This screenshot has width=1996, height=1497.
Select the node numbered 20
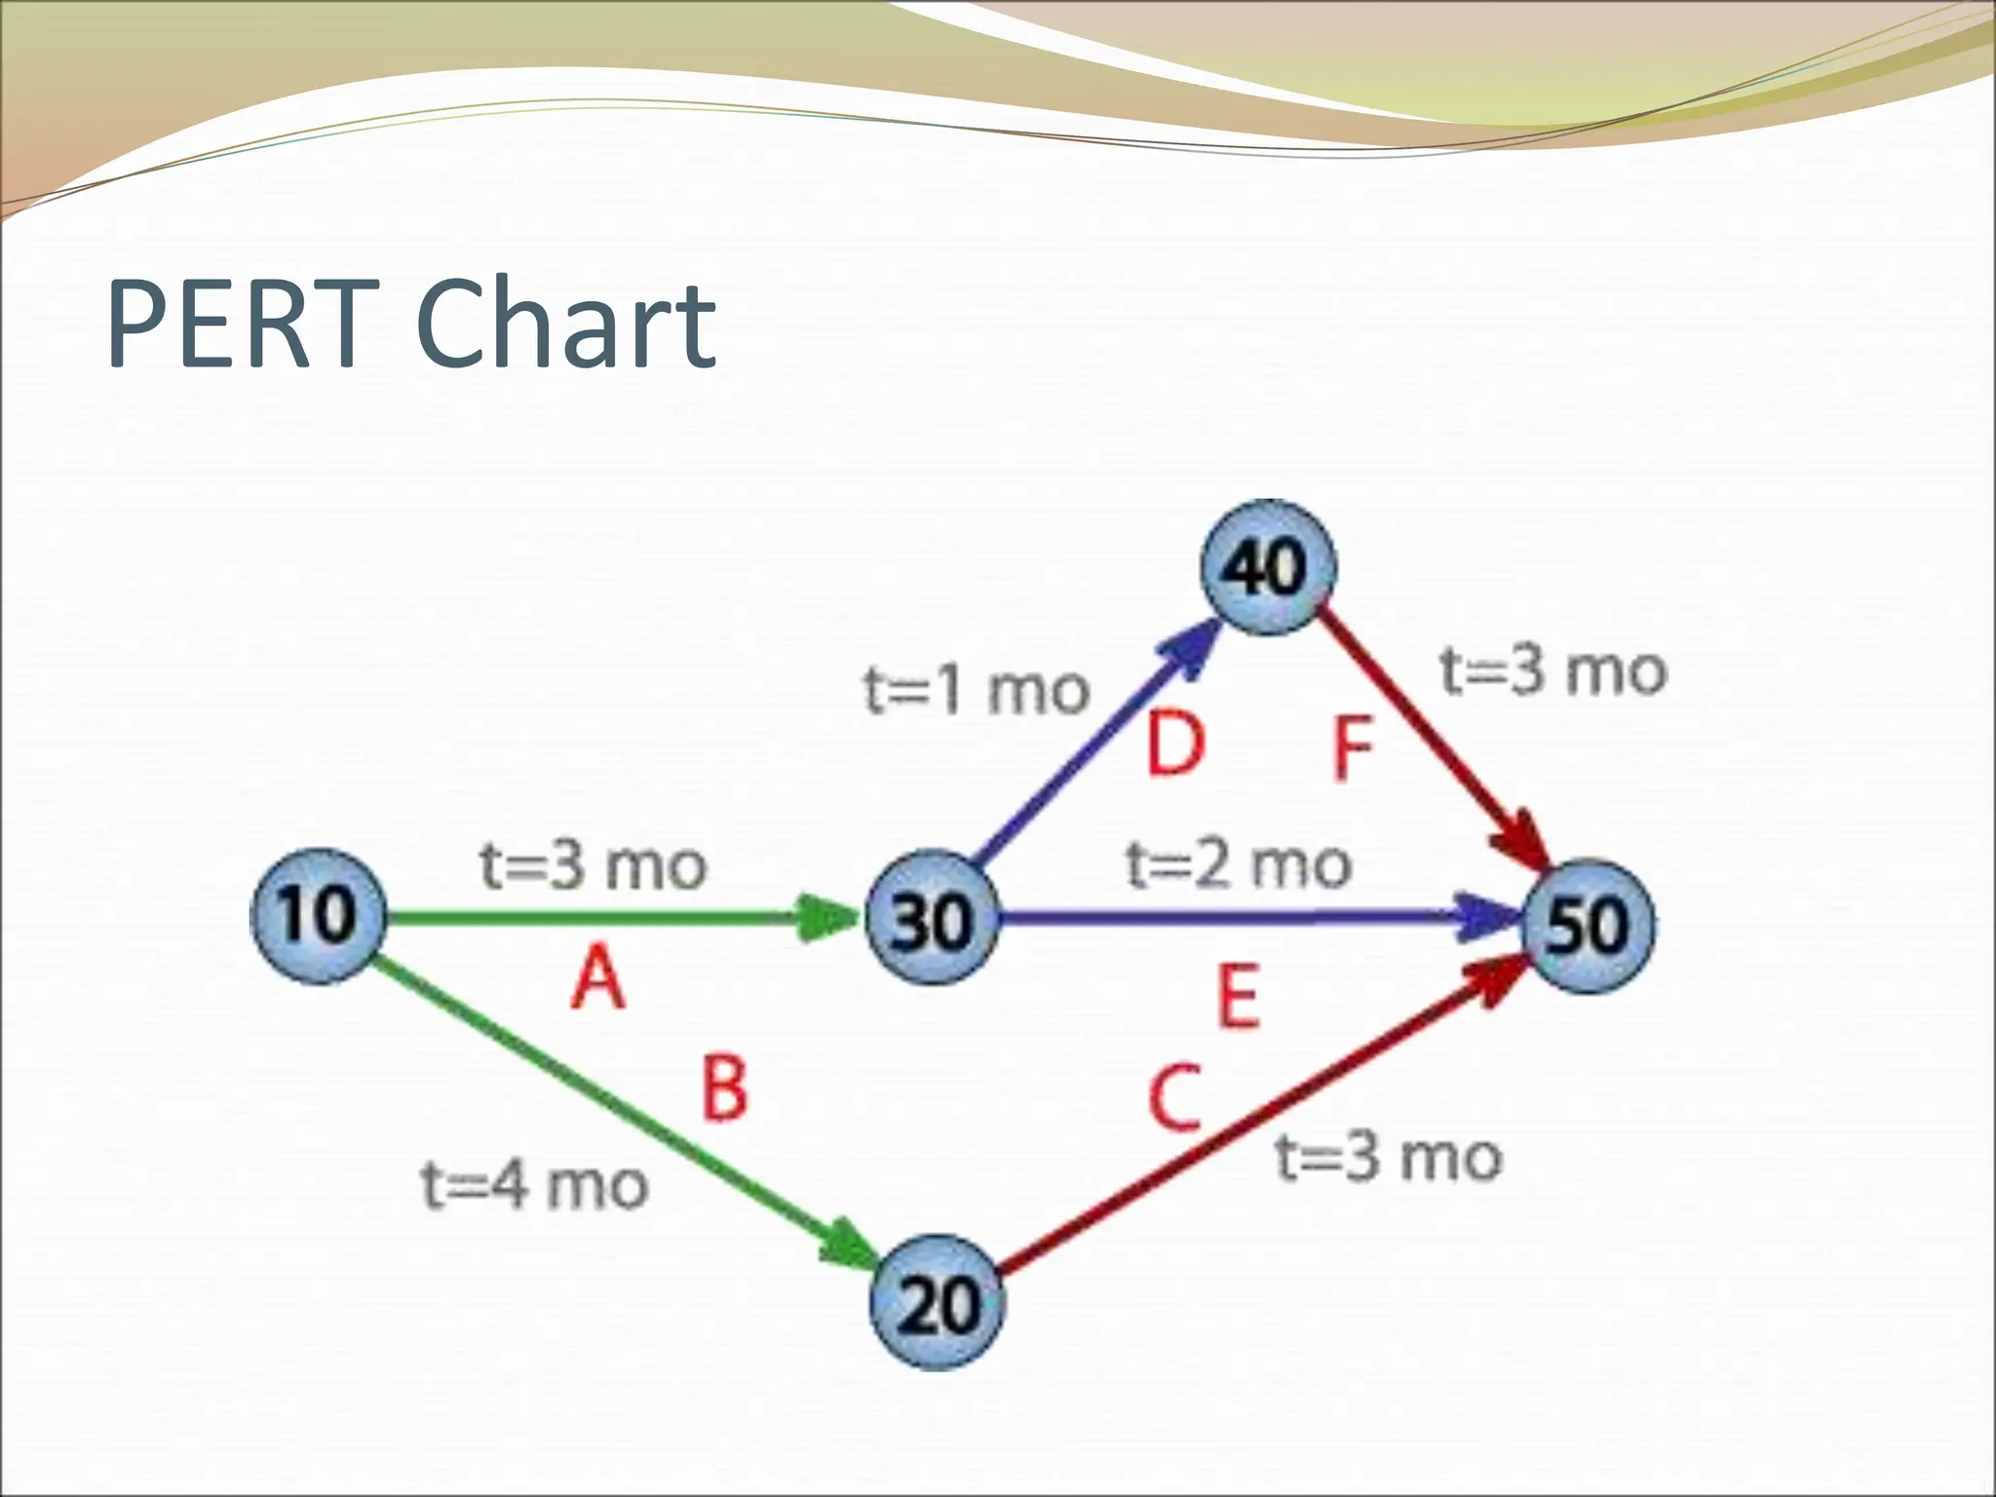937,1303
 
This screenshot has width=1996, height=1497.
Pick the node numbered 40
1267,567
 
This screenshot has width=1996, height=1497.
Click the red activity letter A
597,979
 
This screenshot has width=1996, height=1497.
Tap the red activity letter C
1174,1098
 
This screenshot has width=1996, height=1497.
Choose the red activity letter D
1176,746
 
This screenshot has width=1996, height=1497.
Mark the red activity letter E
1240,996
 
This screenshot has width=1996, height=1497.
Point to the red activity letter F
1353,748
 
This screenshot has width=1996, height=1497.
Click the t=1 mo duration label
977,690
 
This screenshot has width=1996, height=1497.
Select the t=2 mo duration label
1239,864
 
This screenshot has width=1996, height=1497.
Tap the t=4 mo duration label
535,1186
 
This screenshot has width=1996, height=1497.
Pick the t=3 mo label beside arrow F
1554,672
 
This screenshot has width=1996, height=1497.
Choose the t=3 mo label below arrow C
1389,1158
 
